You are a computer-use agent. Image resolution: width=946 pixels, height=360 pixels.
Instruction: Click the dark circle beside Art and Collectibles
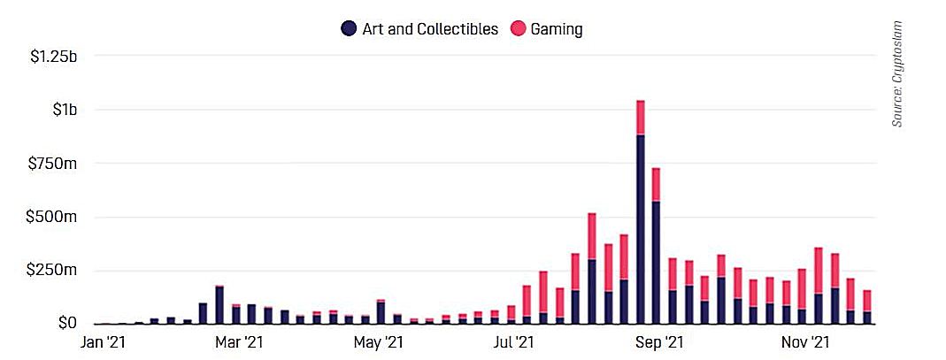[x=349, y=29]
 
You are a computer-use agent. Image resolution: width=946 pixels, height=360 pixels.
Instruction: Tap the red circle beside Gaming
[x=516, y=29]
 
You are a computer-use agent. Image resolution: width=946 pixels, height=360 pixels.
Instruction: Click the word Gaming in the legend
[x=556, y=29]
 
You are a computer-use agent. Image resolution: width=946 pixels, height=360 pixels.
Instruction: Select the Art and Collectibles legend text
[x=430, y=29]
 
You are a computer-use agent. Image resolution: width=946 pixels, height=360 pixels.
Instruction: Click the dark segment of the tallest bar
[x=640, y=230]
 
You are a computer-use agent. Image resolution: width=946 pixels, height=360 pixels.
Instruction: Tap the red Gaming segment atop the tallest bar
[x=640, y=118]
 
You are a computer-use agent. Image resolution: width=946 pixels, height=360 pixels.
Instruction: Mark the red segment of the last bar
[x=867, y=301]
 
